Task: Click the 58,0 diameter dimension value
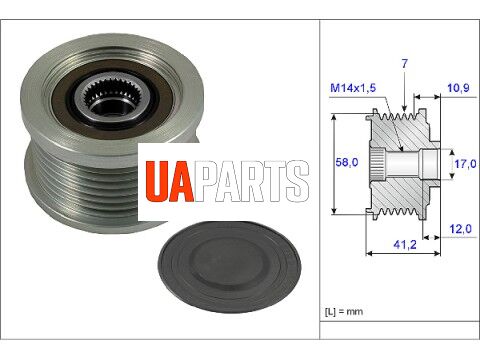347,163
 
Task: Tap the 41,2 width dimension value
405,245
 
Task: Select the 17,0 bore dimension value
465,164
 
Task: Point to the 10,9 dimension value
458,88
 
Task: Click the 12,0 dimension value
460,229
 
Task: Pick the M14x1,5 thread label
353,88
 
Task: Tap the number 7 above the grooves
404,63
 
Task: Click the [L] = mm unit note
344,312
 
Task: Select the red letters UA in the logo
170,181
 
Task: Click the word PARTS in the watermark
252,181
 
